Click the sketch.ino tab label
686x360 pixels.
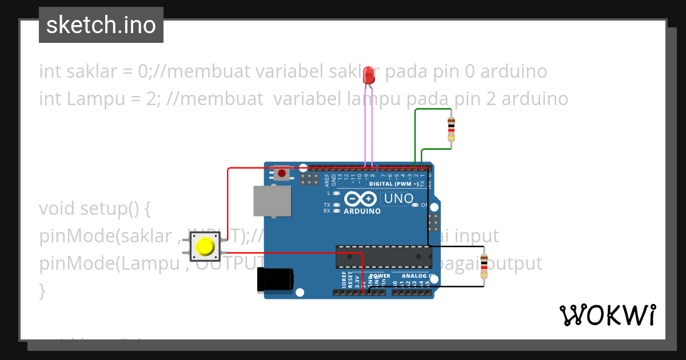(x=101, y=25)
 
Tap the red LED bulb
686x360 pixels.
(x=369, y=75)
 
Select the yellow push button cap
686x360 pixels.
(x=205, y=247)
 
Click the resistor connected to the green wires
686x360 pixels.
(x=451, y=129)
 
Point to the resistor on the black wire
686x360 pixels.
(x=484, y=266)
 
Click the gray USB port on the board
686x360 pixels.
(x=272, y=201)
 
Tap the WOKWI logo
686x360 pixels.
(x=608, y=315)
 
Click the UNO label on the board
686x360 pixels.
(x=398, y=199)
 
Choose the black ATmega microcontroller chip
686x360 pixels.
(x=383, y=257)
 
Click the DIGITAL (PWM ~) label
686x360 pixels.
(x=397, y=184)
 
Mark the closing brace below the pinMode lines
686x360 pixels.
(x=42, y=290)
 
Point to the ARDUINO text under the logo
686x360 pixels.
(x=362, y=211)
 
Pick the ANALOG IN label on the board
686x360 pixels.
(x=418, y=276)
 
